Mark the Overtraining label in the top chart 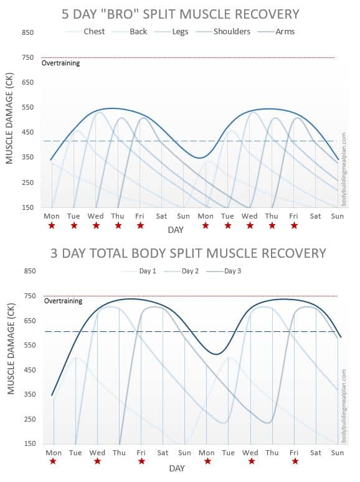[x=60, y=63]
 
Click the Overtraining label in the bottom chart [x=63, y=301]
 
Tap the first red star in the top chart [x=52, y=225]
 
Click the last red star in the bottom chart [x=295, y=461]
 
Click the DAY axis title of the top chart [x=176, y=230]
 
